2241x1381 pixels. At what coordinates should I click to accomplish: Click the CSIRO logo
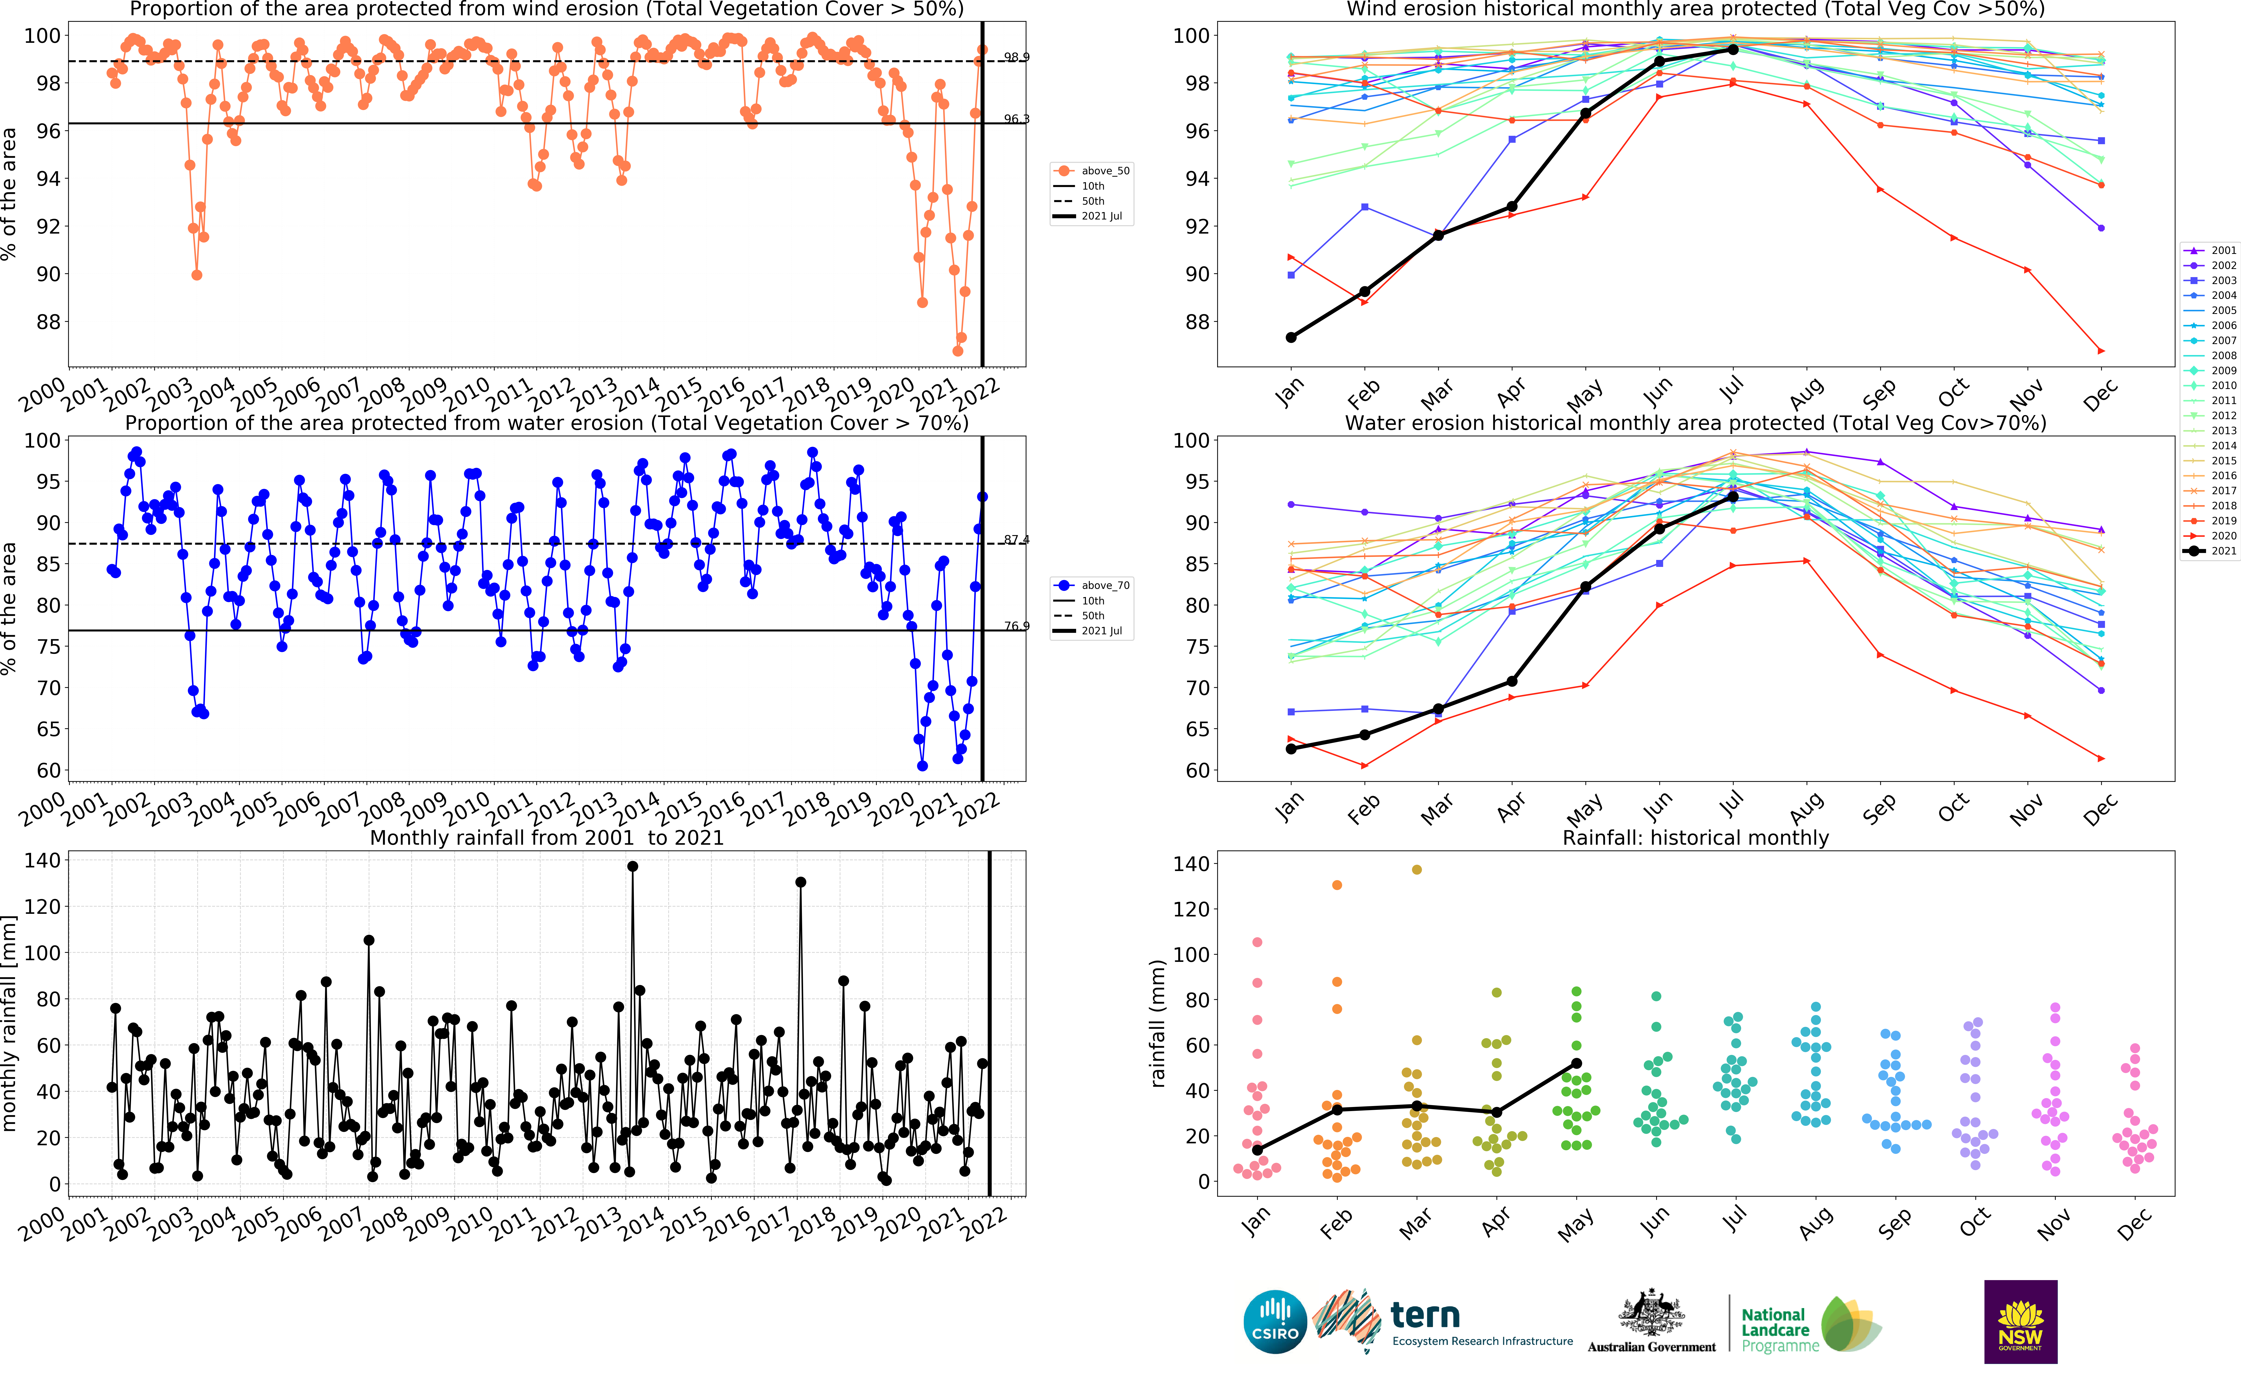tap(1275, 1322)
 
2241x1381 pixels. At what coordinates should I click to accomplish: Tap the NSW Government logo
tap(2020, 1322)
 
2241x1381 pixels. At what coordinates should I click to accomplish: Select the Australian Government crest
tap(1651, 1313)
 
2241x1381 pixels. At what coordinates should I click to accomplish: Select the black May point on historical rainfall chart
tap(1576, 1063)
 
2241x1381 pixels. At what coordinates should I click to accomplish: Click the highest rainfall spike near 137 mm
tap(632, 867)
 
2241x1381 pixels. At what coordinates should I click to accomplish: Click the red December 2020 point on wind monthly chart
tap(2101, 351)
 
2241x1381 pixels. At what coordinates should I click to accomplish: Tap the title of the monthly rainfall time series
tap(546, 838)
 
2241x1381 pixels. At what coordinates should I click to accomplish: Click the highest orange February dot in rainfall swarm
tap(1337, 885)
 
